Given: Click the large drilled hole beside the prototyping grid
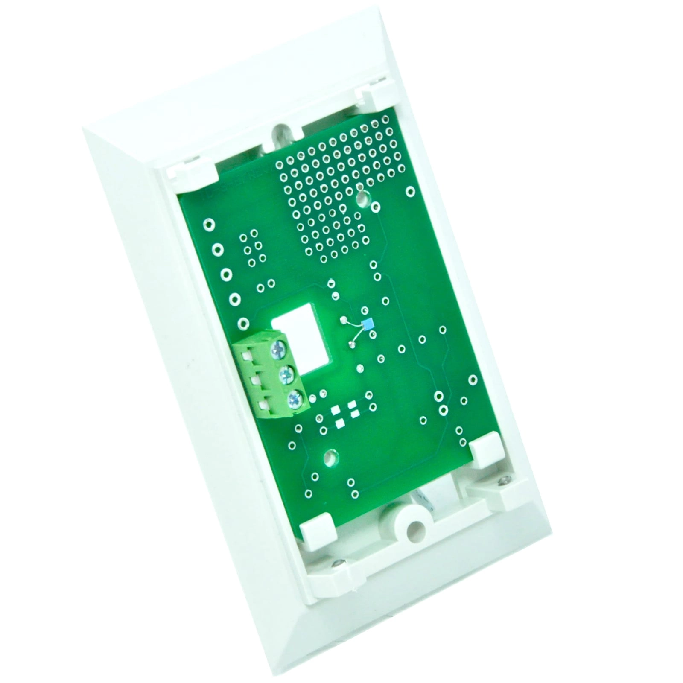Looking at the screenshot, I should [x=363, y=198].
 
